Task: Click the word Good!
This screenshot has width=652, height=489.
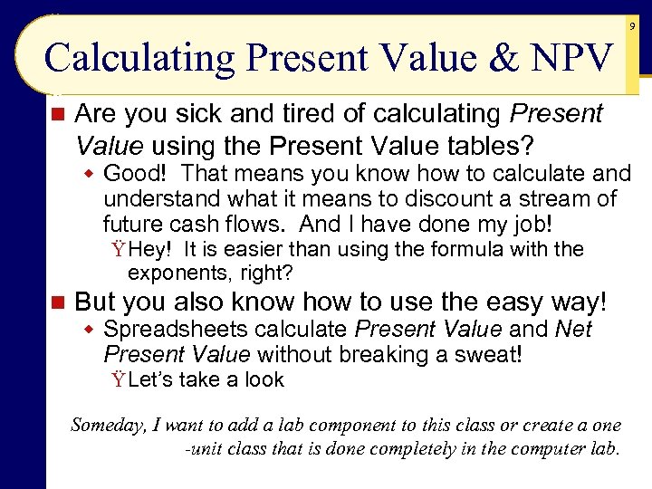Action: tap(136, 173)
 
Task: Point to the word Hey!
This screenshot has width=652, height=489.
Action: tap(153, 249)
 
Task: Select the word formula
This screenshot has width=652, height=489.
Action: tap(474, 249)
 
